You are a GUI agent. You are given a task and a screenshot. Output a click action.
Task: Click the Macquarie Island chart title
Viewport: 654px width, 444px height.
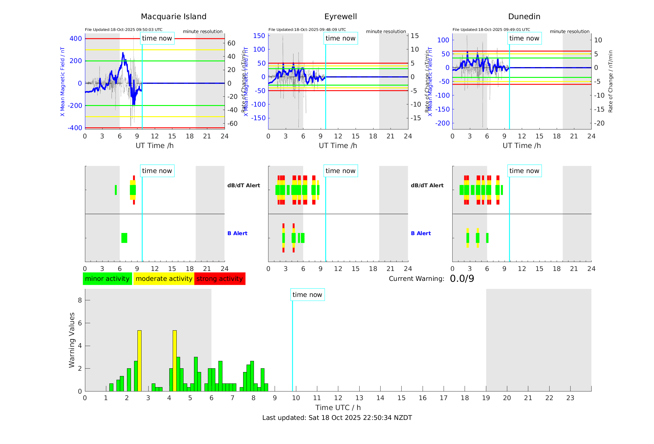coord(174,17)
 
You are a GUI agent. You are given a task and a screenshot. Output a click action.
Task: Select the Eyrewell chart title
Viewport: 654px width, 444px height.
coord(340,17)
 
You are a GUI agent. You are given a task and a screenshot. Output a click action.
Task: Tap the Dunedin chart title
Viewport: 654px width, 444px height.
coord(524,17)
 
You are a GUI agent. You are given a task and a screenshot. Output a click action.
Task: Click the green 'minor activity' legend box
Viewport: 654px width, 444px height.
coord(107,279)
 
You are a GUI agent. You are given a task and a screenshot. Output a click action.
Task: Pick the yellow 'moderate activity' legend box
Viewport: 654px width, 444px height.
coord(164,279)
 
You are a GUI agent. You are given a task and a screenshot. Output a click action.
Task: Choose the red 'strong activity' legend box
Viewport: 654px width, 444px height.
coord(220,279)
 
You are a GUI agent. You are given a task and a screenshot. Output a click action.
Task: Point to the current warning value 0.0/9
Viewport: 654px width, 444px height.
coord(462,279)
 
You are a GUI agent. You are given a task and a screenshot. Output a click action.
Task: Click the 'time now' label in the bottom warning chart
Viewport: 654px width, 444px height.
coord(307,295)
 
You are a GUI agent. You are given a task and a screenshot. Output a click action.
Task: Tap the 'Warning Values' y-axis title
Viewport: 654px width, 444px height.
coord(72,340)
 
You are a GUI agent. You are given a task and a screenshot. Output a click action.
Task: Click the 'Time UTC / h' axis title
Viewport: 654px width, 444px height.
coord(338,408)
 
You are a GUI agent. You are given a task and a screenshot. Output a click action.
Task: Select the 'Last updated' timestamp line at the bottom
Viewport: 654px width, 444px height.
coord(337,418)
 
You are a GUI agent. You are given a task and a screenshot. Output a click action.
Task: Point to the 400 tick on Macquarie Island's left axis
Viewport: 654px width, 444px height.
coord(76,39)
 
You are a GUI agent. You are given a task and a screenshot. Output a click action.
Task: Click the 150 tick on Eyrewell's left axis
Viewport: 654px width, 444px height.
coord(259,36)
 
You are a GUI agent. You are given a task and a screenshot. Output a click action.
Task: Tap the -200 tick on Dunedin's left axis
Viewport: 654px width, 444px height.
coord(442,123)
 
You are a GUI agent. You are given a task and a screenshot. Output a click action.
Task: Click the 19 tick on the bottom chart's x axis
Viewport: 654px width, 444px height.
coord(486,398)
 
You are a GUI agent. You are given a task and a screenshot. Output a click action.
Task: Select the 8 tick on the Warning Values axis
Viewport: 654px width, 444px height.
coord(80,300)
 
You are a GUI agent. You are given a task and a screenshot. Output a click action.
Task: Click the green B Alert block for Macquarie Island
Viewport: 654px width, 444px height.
coord(124,238)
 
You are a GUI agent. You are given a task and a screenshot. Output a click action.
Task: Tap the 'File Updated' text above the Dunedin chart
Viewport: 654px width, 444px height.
coord(491,30)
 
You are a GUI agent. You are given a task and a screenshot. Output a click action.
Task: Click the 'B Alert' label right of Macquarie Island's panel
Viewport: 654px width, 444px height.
coord(237,233)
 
